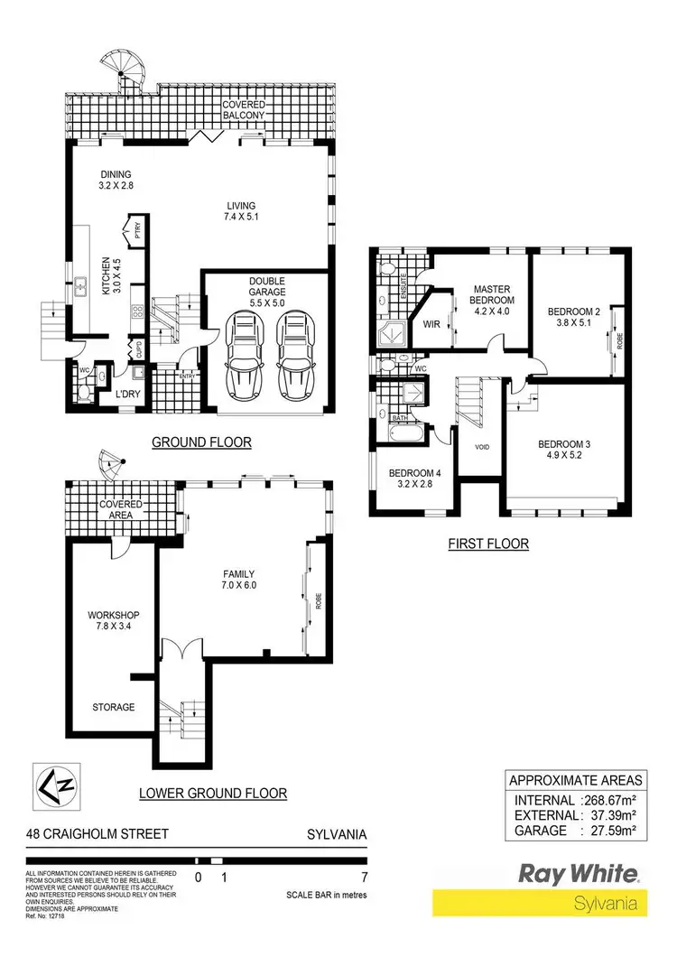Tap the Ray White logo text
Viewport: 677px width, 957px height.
coord(578,872)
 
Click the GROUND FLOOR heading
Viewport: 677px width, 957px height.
coord(200,442)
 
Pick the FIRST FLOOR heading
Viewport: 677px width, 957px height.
coord(488,544)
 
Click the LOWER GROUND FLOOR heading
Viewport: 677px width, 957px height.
coord(213,794)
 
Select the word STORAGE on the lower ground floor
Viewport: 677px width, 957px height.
coord(113,707)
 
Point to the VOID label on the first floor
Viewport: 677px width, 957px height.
coord(481,446)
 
